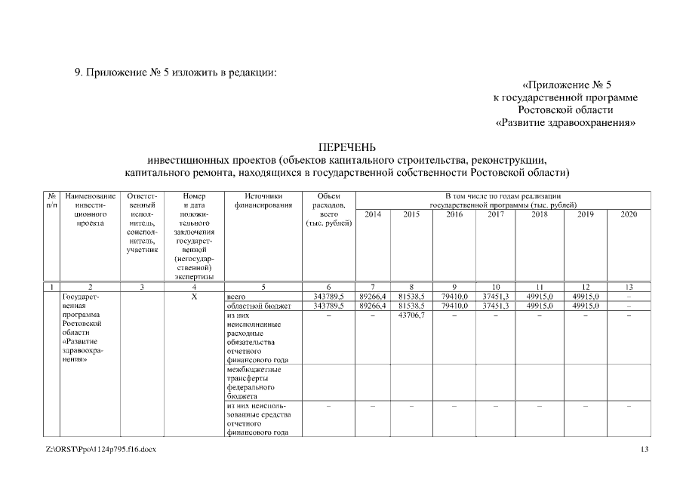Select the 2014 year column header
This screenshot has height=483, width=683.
click(x=373, y=214)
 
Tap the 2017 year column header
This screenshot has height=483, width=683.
click(x=496, y=214)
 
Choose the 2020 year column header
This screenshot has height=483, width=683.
click(x=629, y=214)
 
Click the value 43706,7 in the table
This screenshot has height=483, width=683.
click(x=411, y=315)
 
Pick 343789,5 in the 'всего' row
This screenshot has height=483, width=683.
click(x=329, y=297)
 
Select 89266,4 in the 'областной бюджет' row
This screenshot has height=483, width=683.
click(x=373, y=306)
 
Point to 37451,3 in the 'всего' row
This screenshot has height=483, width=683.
click(x=496, y=297)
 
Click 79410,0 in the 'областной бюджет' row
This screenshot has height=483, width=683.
click(x=454, y=306)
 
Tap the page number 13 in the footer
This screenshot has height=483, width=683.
click(x=644, y=450)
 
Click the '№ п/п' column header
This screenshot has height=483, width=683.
click(x=51, y=200)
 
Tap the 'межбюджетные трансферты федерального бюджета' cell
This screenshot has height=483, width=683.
click(x=254, y=383)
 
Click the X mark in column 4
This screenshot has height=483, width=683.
click(x=194, y=297)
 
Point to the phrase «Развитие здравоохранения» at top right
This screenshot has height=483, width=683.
click(x=566, y=122)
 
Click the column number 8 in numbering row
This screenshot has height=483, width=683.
click(x=411, y=287)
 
